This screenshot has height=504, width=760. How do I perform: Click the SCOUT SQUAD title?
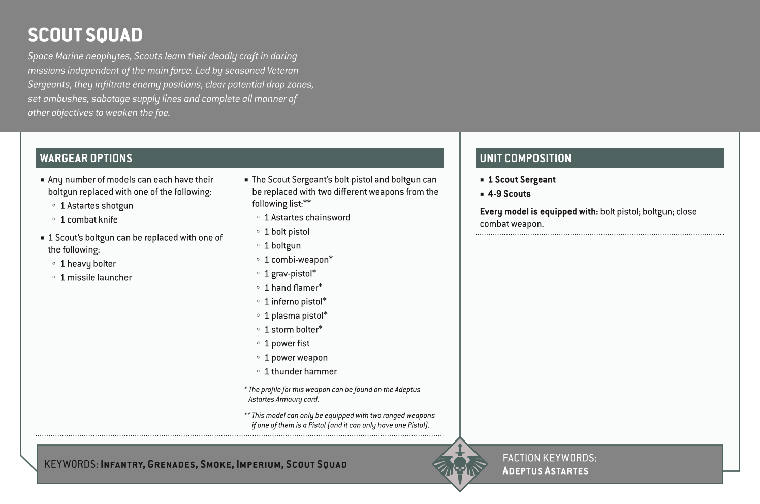[x=85, y=35]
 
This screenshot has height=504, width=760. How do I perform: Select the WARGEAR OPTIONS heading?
[x=86, y=158]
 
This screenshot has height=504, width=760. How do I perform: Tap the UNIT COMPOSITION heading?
[x=525, y=158]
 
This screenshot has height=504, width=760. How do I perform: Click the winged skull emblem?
[x=459, y=464]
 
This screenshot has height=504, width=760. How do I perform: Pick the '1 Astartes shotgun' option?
[x=97, y=206]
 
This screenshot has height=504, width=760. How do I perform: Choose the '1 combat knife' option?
[x=89, y=219]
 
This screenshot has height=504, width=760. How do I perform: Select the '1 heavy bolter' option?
[x=88, y=264]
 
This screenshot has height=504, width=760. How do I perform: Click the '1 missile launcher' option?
[x=96, y=277]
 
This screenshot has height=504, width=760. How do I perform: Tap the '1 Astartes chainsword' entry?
[x=307, y=217]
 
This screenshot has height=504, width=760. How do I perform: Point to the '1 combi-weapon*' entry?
[x=298, y=260]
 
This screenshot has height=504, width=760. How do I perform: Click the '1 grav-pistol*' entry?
[x=290, y=273]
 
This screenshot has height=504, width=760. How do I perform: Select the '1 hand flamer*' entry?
[x=293, y=288]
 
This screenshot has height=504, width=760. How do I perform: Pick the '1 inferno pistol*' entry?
[x=295, y=301]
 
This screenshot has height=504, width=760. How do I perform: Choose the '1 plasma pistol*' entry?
[x=296, y=316]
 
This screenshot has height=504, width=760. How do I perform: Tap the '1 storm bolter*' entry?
[x=293, y=329]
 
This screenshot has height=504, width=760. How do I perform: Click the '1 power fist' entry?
[x=287, y=343]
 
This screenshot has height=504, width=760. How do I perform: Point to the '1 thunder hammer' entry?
[x=300, y=371]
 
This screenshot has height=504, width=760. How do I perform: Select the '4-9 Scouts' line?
[x=509, y=194]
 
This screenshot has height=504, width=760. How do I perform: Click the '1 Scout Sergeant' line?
[x=522, y=180]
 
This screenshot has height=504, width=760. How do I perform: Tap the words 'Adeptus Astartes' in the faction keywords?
[x=545, y=471]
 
